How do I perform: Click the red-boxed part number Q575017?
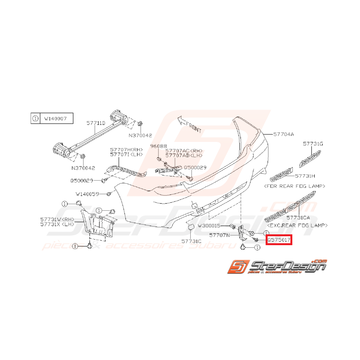tap(279, 240)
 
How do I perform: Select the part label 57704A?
tap(283, 134)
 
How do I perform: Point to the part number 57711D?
tap(96, 123)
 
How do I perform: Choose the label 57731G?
tap(313, 144)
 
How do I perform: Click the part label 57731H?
tap(305, 176)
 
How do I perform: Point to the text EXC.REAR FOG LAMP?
tap(297, 225)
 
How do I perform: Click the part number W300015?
tap(208, 225)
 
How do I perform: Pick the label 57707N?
tap(219, 234)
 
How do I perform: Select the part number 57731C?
tap(192, 241)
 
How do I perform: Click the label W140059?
tap(87, 193)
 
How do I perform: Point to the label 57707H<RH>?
tap(126, 150)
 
